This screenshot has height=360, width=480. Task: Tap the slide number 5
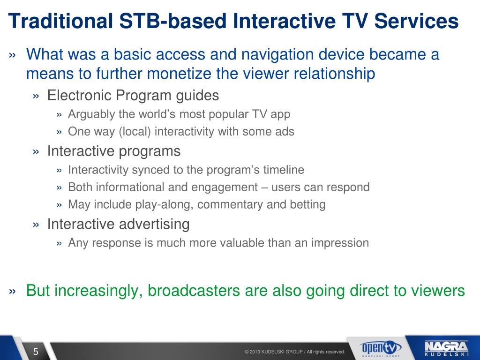[36, 352]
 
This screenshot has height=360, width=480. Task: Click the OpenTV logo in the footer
[380, 349]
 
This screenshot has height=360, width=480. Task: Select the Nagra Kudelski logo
[447, 349]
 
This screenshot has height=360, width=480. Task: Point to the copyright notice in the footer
[295, 352]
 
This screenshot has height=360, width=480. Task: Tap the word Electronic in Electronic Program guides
[79, 95]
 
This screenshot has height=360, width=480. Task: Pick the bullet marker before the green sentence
[12, 291]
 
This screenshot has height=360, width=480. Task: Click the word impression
[340, 243]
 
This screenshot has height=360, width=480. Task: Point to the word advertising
[154, 224]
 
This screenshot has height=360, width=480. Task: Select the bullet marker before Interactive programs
[36, 151]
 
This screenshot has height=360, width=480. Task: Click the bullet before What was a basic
[12, 55]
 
